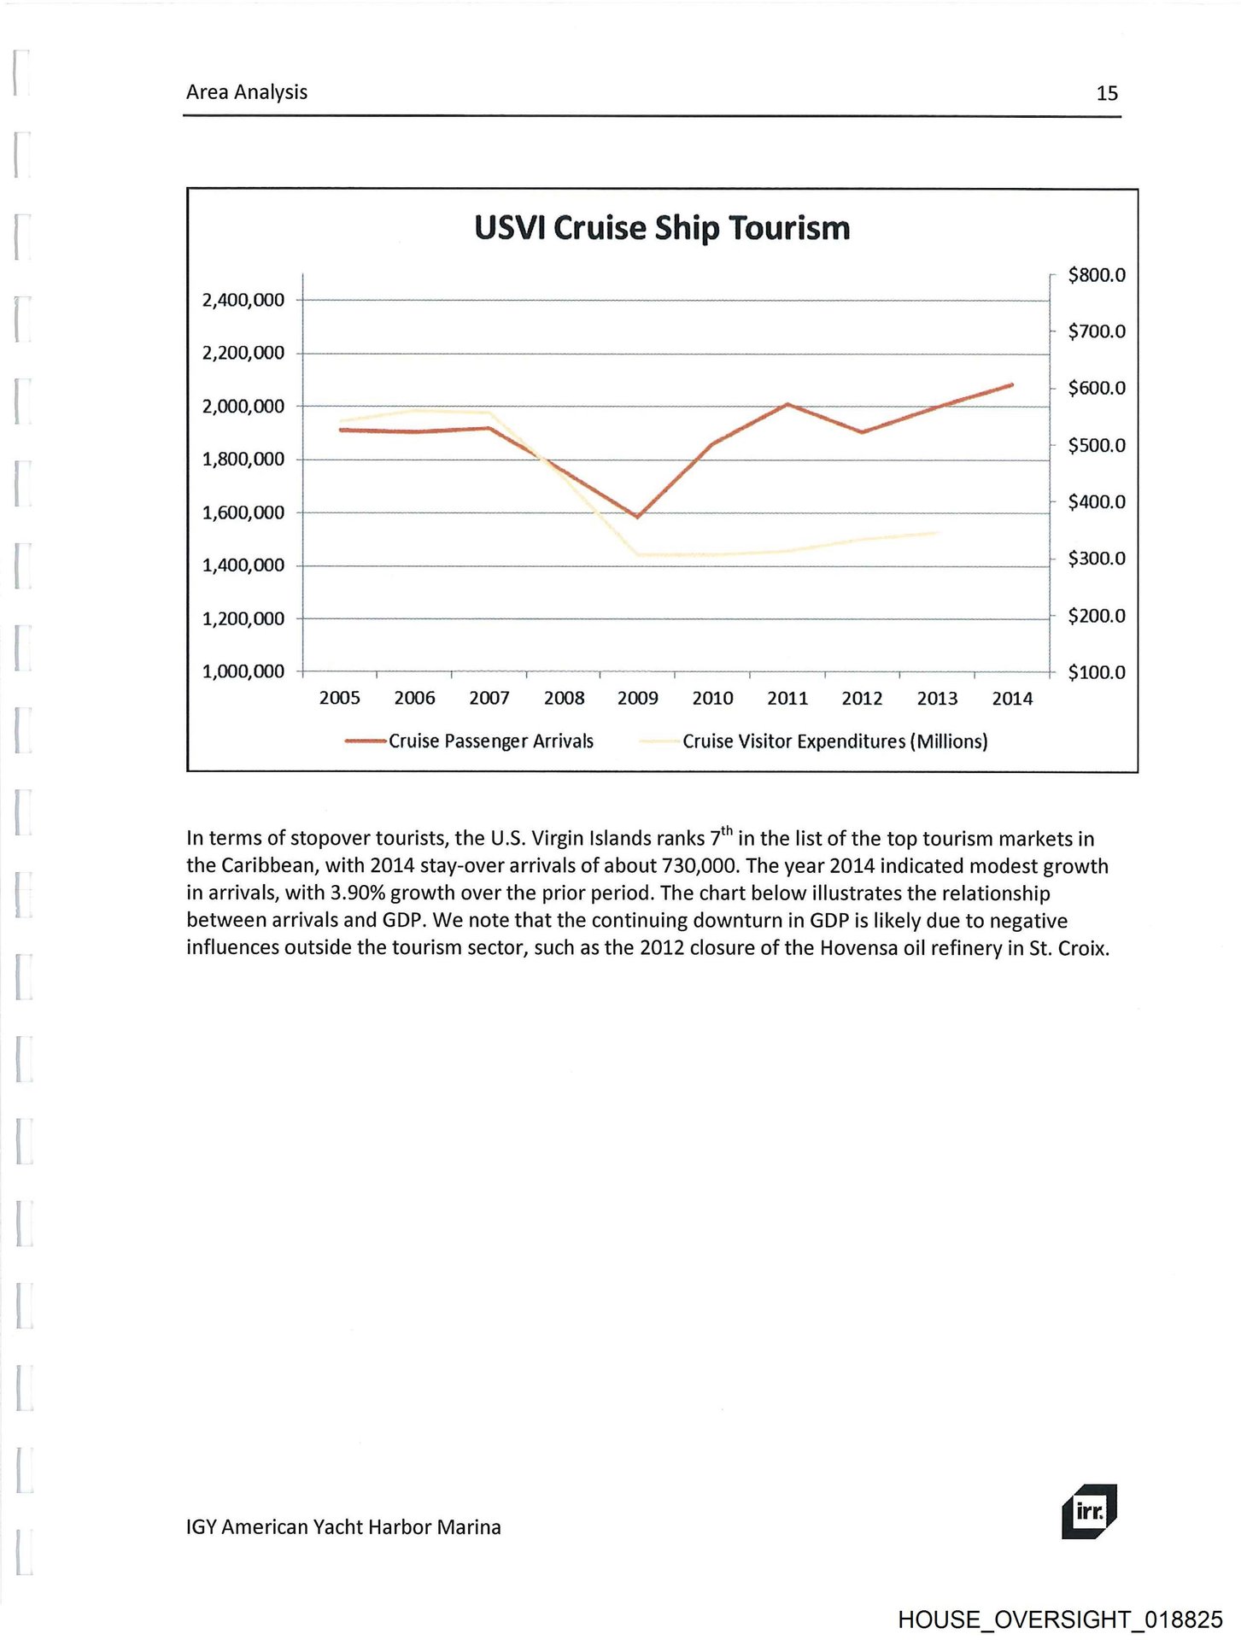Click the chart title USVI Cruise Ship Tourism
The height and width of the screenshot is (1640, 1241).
point(662,228)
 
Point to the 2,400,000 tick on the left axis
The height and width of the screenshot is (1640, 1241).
point(243,300)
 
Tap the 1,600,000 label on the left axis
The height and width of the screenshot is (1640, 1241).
point(243,512)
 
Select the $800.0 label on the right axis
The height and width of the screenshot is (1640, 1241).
point(1097,275)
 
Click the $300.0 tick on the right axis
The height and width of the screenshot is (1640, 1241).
point(1097,559)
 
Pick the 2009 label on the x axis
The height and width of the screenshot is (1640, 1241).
point(638,699)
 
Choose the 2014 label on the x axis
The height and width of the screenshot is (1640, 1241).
point(1012,699)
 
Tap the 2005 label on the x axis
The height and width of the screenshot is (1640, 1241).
point(340,699)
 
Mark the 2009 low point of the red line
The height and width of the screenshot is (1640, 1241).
point(637,517)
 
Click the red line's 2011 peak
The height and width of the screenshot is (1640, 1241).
point(787,404)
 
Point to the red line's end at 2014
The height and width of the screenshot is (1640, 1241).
point(1012,385)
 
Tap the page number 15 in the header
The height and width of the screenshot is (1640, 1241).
point(1107,93)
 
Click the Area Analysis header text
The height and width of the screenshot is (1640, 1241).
point(247,92)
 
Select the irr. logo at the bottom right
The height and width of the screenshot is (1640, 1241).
point(1089,1511)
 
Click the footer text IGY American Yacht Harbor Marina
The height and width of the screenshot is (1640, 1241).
point(343,1527)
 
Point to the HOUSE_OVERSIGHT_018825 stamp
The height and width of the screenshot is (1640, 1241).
point(1060,1619)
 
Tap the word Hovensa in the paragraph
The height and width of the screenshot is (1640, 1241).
point(859,948)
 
